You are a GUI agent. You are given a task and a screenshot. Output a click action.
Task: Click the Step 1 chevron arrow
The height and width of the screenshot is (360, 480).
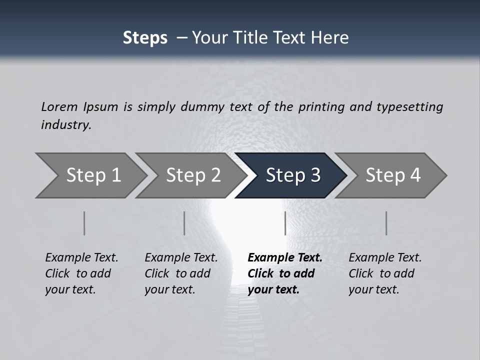click(x=92, y=175)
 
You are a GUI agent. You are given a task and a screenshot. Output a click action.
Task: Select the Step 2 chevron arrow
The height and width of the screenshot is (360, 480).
click(x=192, y=175)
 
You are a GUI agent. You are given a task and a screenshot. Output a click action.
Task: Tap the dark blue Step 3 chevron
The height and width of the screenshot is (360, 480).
click(x=292, y=175)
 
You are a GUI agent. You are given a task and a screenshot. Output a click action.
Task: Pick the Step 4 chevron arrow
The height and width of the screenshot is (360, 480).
click(x=392, y=175)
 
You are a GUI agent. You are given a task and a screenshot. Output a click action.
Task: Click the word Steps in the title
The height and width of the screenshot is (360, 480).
click(x=145, y=38)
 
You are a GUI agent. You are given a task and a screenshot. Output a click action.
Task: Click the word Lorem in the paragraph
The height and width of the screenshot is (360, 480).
click(x=59, y=106)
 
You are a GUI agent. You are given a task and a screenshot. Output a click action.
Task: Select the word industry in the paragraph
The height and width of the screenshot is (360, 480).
click(x=66, y=124)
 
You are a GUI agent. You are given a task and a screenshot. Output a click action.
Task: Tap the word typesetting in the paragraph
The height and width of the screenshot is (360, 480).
click(x=409, y=106)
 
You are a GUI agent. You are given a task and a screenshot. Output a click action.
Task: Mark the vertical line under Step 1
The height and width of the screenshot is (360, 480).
click(x=84, y=223)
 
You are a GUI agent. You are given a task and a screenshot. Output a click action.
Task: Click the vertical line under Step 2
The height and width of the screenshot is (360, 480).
click(x=184, y=223)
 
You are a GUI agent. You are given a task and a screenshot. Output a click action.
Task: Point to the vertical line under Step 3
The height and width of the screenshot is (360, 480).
click(x=285, y=223)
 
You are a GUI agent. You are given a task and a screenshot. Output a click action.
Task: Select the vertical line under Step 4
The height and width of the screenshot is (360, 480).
click(x=386, y=223)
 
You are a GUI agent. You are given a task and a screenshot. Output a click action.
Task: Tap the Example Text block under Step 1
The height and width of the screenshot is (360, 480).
click(x=81, y=273)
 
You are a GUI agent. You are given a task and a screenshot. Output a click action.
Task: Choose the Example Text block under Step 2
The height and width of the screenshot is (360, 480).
click(x=181, y=273)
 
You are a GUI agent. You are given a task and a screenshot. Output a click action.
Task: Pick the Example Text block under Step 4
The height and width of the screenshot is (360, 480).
click(x=385, y=273)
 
